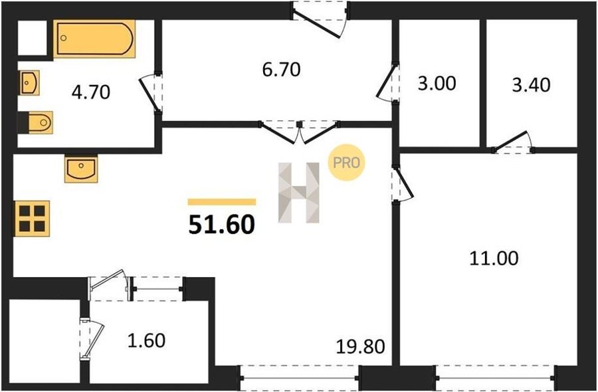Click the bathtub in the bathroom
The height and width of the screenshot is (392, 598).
(x=94, y=39)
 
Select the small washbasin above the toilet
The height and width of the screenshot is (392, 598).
(x=29, y=82)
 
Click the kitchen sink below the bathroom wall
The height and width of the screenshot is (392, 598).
(x=81, y=168)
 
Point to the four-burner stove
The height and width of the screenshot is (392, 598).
(x=32, y=219)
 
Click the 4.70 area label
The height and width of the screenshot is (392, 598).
(x=91, y=92)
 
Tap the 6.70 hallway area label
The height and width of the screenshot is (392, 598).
(x=282, y=70)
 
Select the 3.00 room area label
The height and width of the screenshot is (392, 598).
(x=437, y=84)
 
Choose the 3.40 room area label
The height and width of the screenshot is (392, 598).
(x=531, y=85)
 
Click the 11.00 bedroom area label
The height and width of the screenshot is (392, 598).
(x=494, y=258)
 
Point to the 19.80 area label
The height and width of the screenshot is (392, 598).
(x=360, y=347)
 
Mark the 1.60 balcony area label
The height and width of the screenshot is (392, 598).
(x=146, y=341)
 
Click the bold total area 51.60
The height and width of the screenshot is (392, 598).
(x=221, y=225)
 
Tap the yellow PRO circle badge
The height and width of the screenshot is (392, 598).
(x=347, y=162)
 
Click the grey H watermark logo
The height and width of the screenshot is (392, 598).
(x=299, y=193)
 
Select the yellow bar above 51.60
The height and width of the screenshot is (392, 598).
(x=221, y=202)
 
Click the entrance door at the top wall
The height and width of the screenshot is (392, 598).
(x=320, y=20)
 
